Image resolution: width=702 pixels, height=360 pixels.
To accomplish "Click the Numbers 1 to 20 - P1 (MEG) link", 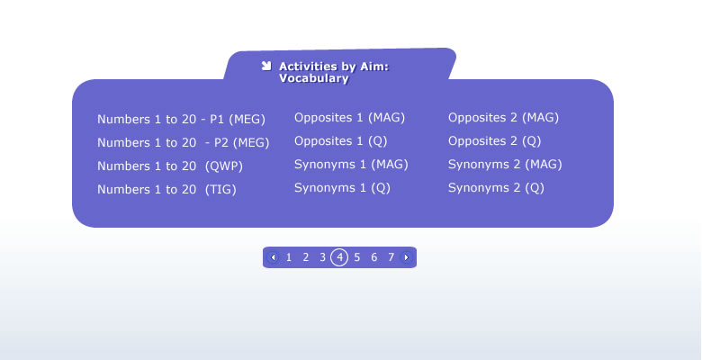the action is (x=181, y=120).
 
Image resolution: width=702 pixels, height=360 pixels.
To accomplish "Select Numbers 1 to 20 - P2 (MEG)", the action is (x=184, y=143).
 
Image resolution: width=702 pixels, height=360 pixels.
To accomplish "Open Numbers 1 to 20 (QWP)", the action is (x=170, y=166).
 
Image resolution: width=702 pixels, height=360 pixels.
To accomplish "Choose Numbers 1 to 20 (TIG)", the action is (x=166, y=189).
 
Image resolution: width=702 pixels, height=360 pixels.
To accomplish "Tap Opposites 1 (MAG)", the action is (x=350, y=118).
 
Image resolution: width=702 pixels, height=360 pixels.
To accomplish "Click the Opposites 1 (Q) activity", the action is (x=341, y=141).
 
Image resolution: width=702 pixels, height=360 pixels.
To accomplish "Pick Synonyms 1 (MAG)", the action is (x=351, y=165).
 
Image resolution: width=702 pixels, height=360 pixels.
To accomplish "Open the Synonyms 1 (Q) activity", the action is (x=343, y=187).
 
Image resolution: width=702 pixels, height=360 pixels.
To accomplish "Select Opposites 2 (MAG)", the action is (x=504, y=118).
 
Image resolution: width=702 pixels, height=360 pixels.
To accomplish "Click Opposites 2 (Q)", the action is (x=495, y=141).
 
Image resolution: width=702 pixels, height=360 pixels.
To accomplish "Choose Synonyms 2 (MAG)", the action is (x=506, y=165).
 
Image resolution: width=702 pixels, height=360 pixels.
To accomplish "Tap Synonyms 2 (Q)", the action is (x=497, y=187).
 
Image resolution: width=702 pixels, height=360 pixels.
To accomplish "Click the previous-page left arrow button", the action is (x=273, y=257).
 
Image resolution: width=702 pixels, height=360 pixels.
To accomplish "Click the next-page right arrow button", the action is (x=406, y=257).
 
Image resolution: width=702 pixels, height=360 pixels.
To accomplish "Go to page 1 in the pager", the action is (x=289, y=257).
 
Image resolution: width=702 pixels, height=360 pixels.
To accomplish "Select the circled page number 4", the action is (x=339, y=257).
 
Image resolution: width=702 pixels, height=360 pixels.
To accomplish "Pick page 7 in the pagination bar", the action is (x=391, y=257).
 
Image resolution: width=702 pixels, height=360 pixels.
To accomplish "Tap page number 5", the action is (x=356, y=257).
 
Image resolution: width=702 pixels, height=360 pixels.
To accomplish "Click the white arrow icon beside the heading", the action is (x=266, y=66).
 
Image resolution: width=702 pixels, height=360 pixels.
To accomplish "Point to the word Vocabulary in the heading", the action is (x=314, y=78).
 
